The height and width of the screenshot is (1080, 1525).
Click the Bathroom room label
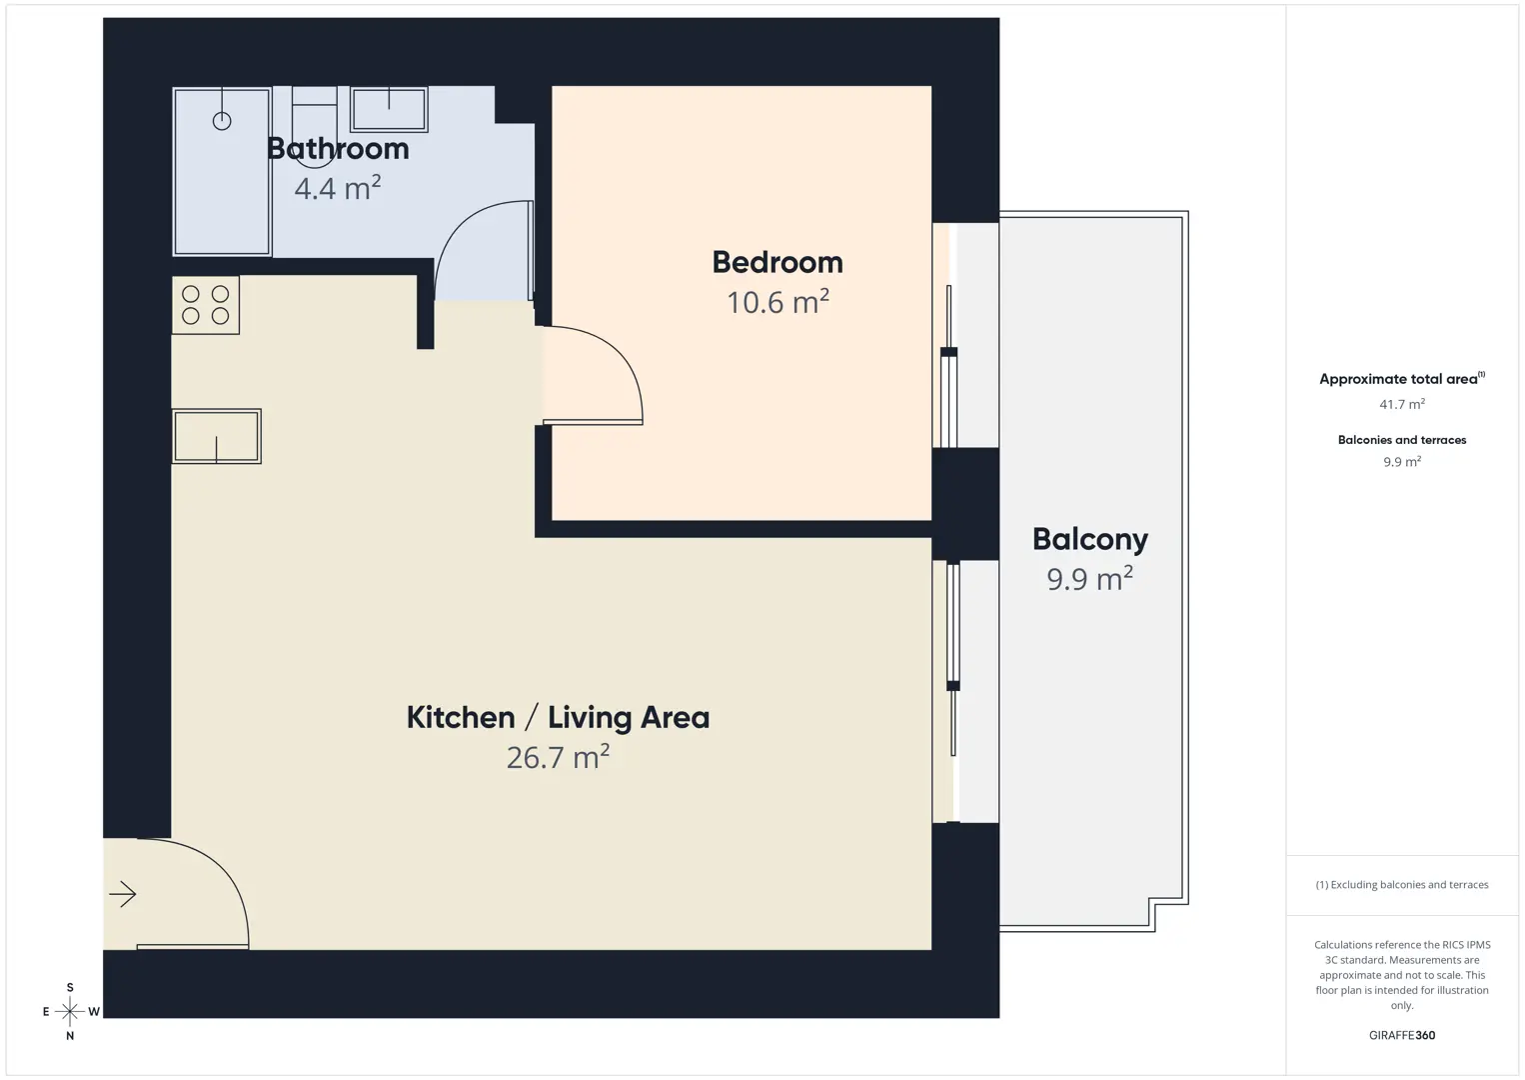(x=338, y=149)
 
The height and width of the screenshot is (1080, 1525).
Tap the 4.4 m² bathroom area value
(x=338, y=188)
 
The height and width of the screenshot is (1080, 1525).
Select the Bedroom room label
(x=777, y=262)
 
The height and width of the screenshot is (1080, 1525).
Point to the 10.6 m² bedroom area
(x=778, y=302)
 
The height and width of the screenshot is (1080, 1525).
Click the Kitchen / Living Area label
(x=559, y=718)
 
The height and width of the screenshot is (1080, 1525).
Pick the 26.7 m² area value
(x=559, y=757)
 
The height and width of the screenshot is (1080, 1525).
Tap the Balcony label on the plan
(x=1090, y=540)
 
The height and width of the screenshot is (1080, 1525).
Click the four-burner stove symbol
(x=206, y=305)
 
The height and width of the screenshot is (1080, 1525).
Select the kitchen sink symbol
(x=217, y=436)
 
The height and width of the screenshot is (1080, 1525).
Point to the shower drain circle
(x=222, y=121)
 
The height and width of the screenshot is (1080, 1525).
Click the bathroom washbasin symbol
(x=389, y=109)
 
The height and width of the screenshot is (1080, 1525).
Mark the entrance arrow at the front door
(x=123, y=894)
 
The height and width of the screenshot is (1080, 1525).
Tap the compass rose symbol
(x=70, y=1011)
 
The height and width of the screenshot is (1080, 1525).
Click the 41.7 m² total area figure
(x=1402, y=404)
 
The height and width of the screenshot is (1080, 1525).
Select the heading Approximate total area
(x=1402, y=379)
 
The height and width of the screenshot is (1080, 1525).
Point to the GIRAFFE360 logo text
(x=1402, y=1035)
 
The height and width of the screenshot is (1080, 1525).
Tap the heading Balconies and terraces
(x=1402, y=439)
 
